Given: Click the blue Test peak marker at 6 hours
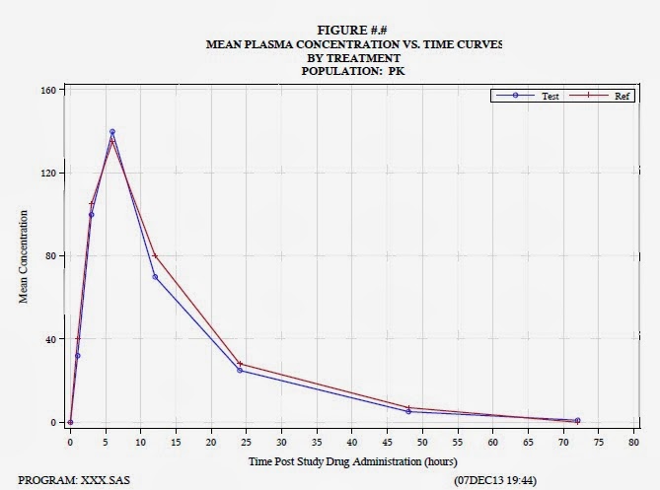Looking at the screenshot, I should pyautogui.click(x=112, y=131).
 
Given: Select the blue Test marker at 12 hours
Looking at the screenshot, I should pyautogui.click(x=155, y=277).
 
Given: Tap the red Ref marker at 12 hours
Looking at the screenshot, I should pyautogui.click(x=155, y=256).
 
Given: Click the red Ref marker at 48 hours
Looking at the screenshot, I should pyautogui.click(x=408, y=408).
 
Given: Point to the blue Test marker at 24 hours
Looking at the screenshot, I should pyautogui.click(x=240, y=370).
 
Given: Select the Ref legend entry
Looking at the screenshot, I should pyautogui.click(x=602, y=97).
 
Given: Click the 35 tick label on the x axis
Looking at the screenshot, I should pyautogui.click(x=317, y=443).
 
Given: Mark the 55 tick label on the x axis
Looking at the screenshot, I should pyautogui.click(x=458, y=443).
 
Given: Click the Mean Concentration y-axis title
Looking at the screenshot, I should pyautogui.click(x=24, y=255).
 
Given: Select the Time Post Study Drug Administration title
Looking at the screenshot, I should pyautogui.click(x=351, y=461).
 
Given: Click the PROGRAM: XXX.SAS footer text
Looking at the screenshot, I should pyautogui.click(x=74, y=480).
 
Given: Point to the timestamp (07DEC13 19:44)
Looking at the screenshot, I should pyautogui.click(x=494, y=480).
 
